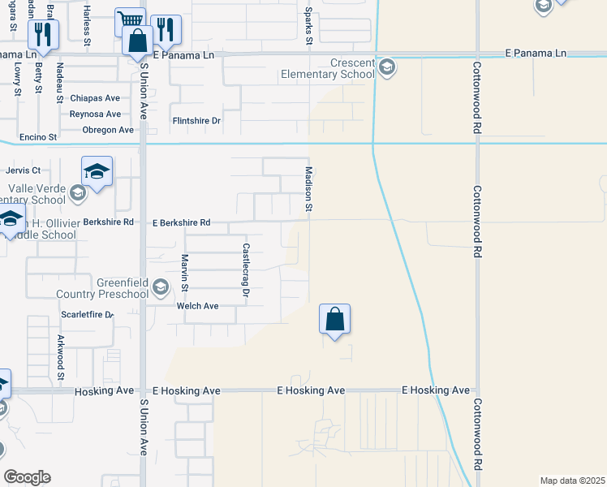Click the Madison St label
(309, 189)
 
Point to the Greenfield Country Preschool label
(101, 288)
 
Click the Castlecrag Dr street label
(244, 268)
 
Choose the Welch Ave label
(198, 306)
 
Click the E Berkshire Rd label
(181, 222)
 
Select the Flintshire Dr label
(196, 121)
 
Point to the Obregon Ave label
(108, 130)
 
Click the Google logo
(28, 476)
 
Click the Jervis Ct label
(23, 170)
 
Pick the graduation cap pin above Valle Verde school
(97, 171)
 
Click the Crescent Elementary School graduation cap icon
(387, 67)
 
